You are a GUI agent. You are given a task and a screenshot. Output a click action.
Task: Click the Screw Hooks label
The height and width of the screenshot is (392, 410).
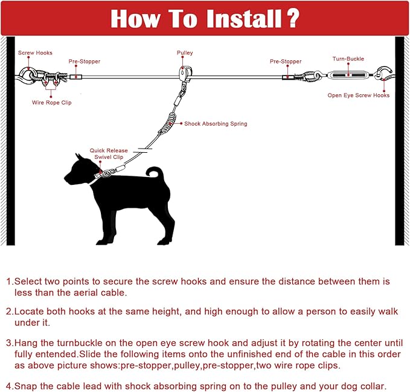tap(35, 53)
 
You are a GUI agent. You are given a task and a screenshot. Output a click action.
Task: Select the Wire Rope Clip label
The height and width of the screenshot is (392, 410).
tap(52, 103)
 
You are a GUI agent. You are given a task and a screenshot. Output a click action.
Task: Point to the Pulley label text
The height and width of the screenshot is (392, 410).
tap(185, 53)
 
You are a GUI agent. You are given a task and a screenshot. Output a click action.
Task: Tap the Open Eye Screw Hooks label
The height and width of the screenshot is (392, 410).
tap(358, 95)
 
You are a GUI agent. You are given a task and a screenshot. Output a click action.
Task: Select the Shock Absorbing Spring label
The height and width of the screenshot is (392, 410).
tap(216, 124)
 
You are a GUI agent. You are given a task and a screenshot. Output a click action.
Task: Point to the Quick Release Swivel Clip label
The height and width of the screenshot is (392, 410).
tap(106, 153)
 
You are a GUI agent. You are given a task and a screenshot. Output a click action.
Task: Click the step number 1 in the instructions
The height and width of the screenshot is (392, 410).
tap(8, 281)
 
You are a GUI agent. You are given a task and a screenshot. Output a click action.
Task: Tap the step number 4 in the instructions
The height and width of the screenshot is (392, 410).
tap(8, 386)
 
